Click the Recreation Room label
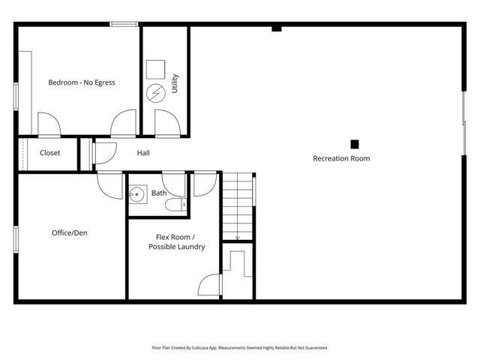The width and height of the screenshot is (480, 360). tap(341, 158)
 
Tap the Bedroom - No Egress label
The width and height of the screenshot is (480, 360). tap(82, 82)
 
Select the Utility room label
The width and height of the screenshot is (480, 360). tap(175, 82)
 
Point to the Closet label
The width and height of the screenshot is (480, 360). tap(50, 153)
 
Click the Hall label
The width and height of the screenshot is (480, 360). tap(143, 153)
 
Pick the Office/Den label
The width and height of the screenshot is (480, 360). tap(70, 232)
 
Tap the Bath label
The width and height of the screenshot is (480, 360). tap(159, 193)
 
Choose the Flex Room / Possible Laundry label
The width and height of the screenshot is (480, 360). tap(176, 241)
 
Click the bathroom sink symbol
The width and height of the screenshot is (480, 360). tap(137, 196)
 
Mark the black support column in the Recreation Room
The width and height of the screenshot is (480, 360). tap(355, 144)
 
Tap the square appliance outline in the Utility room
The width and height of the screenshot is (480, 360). tap(154, 69)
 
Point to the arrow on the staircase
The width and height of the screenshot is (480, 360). tap(238, 236)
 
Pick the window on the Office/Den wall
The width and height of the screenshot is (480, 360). tap(16, 238)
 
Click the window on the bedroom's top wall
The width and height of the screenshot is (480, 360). tap(123, 25)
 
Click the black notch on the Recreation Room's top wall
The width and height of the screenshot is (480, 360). tap(277, 28)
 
